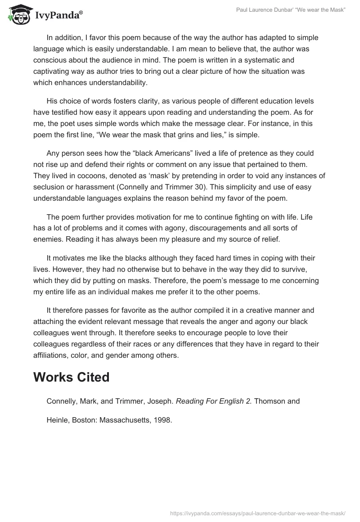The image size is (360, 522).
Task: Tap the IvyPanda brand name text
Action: [58, 15]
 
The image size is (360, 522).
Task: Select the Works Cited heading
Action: [71, 377]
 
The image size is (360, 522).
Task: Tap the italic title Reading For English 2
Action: [214, 401]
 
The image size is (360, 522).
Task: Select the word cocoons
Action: [88, 175]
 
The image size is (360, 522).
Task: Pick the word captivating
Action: [52, 71]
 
